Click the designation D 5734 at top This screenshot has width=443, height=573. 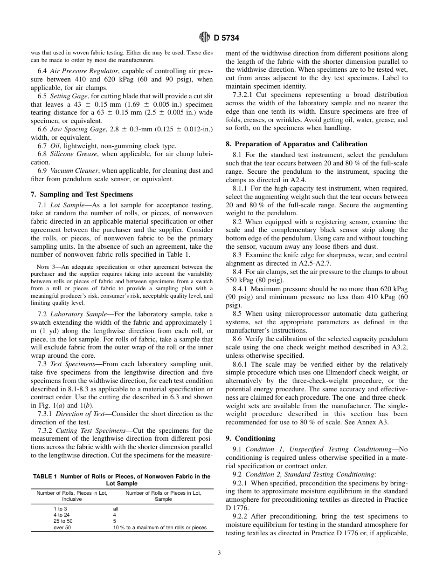(x=227, y=38)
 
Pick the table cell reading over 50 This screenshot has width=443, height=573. (x=62, y=528)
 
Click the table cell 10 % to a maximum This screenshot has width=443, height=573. (x=159, y=528)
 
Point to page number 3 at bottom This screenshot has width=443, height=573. (x=219, y=553)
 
